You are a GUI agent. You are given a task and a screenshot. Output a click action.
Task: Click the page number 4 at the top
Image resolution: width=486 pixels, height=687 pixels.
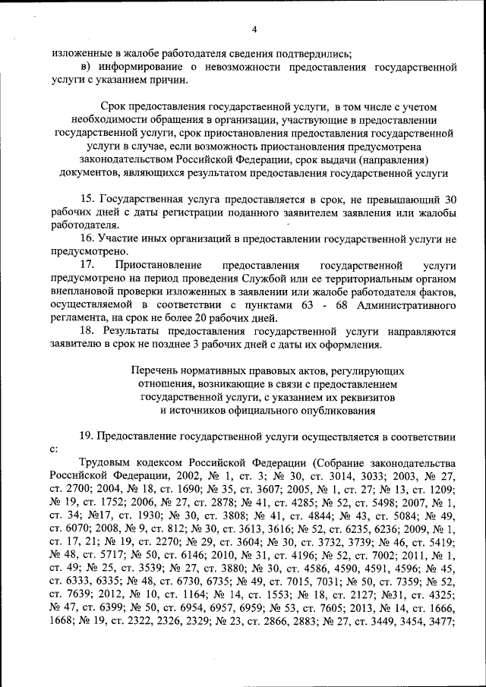(255, 29)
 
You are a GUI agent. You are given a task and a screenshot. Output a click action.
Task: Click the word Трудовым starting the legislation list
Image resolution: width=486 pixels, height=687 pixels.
(106, 463)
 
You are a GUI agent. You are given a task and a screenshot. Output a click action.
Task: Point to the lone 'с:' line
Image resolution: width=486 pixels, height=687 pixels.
(54, 449)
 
